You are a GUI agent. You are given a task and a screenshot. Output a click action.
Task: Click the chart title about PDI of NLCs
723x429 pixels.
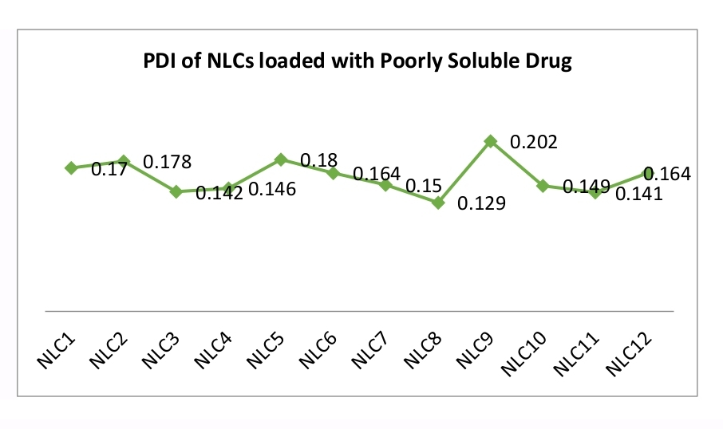357,62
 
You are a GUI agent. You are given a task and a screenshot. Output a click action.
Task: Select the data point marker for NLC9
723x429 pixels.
491,141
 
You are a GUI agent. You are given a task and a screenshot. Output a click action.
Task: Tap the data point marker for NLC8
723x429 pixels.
438,203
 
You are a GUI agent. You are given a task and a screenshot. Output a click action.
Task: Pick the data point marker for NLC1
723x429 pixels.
71,167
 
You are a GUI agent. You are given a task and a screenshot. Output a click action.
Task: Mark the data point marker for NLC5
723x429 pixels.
281,159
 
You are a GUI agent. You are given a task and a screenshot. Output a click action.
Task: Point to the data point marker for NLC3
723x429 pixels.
176,191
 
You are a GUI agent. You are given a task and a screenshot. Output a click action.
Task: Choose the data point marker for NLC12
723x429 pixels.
648,172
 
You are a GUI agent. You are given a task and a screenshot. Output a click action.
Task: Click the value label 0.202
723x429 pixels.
533,142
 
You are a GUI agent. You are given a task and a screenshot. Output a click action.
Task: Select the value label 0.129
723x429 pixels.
481,204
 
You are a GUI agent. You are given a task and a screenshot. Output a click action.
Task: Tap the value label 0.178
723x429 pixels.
167,162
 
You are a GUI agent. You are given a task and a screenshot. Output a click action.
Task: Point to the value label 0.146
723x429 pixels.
272,190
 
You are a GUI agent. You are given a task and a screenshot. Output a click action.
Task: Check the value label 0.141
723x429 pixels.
638,194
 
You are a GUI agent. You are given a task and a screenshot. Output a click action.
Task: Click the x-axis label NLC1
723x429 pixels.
53,348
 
